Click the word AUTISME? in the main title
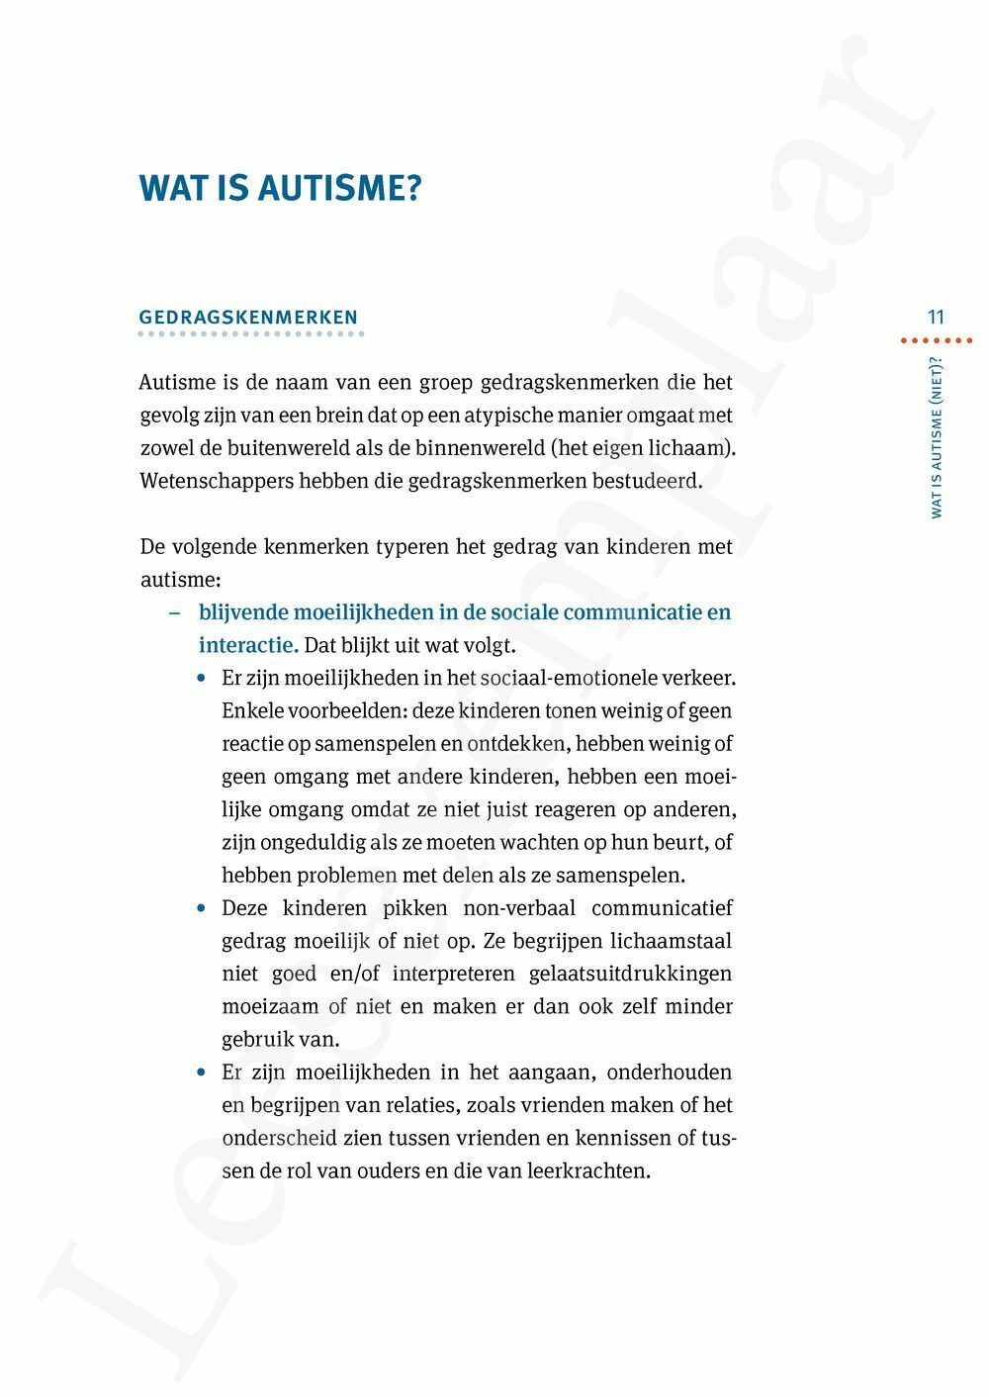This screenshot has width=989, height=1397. [x=340, y=188]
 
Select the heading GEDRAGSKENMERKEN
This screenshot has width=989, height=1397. [x=248, y=318]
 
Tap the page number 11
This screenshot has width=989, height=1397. [x=936, y=318]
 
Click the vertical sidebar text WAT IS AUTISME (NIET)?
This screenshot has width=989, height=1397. [x=937, y=436]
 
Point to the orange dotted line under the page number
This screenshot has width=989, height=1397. [x=936, y=340]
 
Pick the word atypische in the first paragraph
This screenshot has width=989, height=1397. [x=507, y=416]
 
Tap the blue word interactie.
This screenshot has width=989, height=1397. [x=248, y=645]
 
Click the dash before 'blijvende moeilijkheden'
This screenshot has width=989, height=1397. [x=175, y=612]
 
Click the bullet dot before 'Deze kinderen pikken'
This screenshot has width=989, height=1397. [x=202, y=908]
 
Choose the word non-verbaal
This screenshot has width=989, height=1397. [x=519, y=908]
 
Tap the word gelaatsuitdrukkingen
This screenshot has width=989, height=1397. [x=630, y=974]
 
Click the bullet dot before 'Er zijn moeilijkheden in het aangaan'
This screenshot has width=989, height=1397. [x=202, y=1072]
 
